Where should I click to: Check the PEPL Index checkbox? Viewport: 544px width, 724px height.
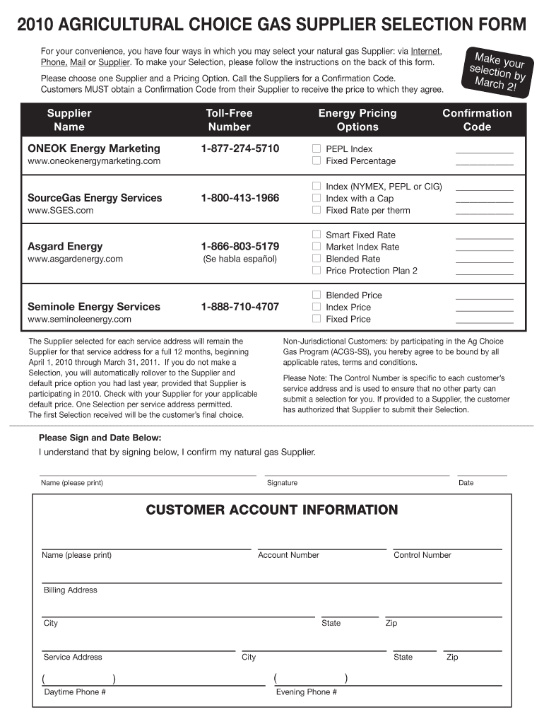point(317,149)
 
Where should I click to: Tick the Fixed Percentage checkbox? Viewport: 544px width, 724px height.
point(317,161)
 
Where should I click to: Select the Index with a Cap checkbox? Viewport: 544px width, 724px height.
point(317,199)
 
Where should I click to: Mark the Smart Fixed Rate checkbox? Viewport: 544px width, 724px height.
point(317,235)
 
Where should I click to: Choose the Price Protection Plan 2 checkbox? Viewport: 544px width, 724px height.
point(317,271)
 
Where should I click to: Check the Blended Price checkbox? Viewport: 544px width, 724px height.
point(317,295)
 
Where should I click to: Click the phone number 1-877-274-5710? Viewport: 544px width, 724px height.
point(240,148)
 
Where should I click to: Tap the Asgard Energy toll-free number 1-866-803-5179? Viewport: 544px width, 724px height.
point(240,247)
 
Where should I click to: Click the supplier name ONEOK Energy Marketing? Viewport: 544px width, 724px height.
point(93,148)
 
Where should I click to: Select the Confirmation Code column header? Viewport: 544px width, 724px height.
point(477,120)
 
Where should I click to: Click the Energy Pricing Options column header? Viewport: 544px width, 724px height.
point(357,120)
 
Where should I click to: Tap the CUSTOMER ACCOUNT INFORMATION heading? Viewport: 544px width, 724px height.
point(272,510)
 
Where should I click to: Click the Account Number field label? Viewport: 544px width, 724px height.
point(288,555)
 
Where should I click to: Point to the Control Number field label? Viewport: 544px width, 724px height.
point(422,555)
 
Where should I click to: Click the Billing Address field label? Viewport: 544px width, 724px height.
point(70,590)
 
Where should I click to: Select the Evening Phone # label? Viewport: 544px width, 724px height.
point(306,692)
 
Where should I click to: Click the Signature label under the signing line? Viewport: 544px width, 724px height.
point(282,483)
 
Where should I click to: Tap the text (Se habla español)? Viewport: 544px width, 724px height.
point(240,259)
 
